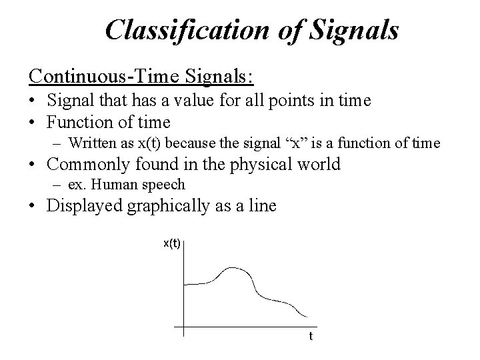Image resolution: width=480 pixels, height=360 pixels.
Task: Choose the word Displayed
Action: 83,205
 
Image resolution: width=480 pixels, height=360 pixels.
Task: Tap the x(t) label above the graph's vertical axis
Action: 172,243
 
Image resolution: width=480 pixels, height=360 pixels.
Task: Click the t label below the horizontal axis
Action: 310,336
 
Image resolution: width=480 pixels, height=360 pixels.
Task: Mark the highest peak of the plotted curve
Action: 232,267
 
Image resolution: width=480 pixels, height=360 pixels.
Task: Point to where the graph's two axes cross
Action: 183,327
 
